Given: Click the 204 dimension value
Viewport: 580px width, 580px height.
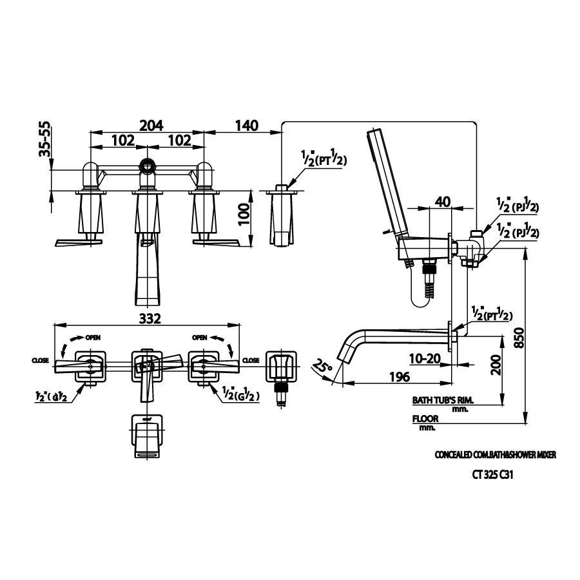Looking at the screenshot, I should click(x=148, y=125).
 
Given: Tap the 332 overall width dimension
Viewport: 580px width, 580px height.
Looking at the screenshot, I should click(x=148, y=318).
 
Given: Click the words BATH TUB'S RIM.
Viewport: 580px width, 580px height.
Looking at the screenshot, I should click(x=443, y=400).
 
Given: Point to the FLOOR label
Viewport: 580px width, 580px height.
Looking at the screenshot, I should click(x=425, y=418).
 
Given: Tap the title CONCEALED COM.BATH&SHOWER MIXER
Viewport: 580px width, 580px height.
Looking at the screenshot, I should click(x=496, y=455).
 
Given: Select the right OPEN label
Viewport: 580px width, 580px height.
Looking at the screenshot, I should click(x=199, y=337).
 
